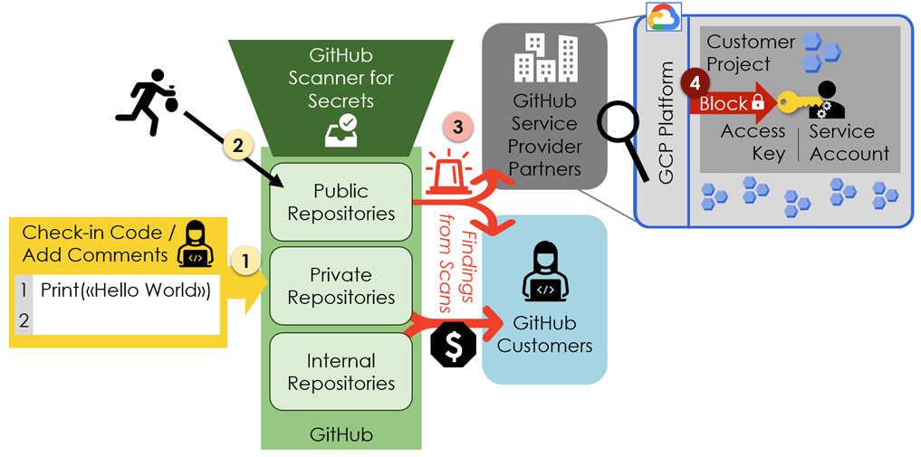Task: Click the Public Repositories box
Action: click(341, 202)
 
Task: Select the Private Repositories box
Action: click(341, 286)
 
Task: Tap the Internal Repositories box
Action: click(341, 372)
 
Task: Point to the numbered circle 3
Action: click(457, 128)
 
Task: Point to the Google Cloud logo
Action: click(663, 17)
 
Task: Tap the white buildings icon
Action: click(545, 58)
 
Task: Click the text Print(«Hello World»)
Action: click(125, 290)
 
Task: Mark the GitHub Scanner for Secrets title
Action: click(341, 78)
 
